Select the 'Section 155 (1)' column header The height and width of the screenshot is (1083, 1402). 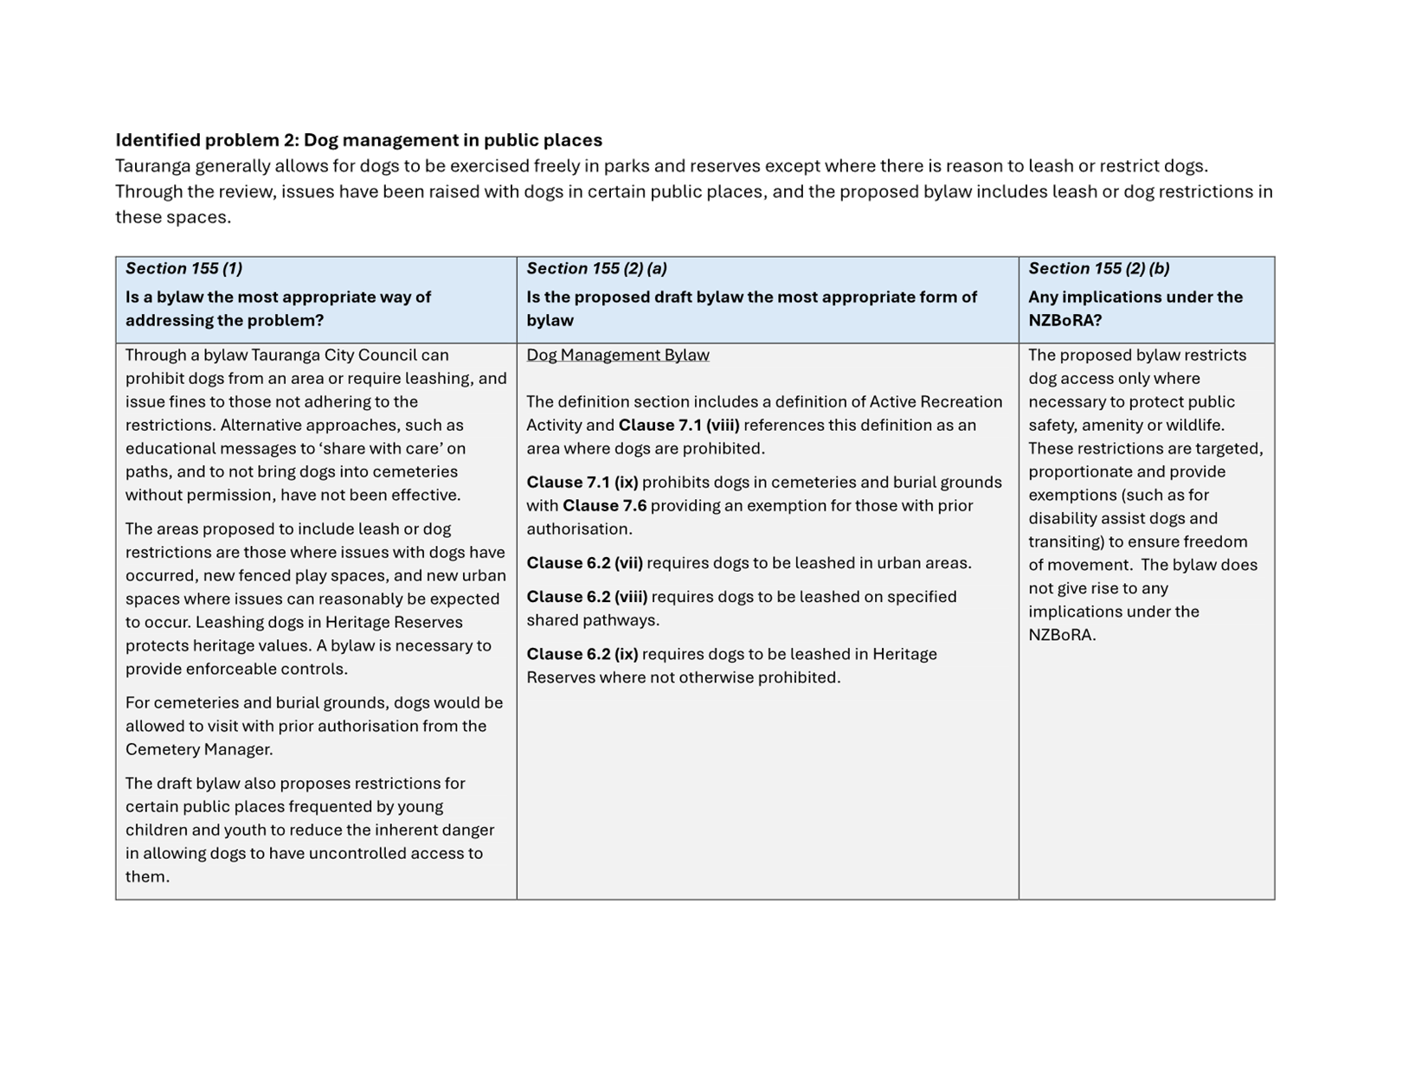(x=183, y=268)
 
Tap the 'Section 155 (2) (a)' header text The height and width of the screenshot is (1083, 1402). (x=596, y=268)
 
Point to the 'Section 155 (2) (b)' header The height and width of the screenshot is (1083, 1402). (x=1098, y=268)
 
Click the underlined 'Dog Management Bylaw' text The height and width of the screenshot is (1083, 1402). (x=617, y=355)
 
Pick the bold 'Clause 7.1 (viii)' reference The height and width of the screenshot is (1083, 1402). (x=678, y=425)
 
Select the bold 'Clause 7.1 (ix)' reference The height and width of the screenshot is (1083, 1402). (x=582, y=482)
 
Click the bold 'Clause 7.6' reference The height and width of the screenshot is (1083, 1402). (x=604, y=505)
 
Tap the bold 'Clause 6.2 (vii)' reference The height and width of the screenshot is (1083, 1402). (x=584, y=562)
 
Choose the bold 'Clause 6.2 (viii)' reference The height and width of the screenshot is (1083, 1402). (x=587, y=596)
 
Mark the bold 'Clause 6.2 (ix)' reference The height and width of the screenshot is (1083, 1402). (x=582, y=654)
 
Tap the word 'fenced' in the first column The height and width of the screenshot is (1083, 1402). (x=267, y=575)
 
